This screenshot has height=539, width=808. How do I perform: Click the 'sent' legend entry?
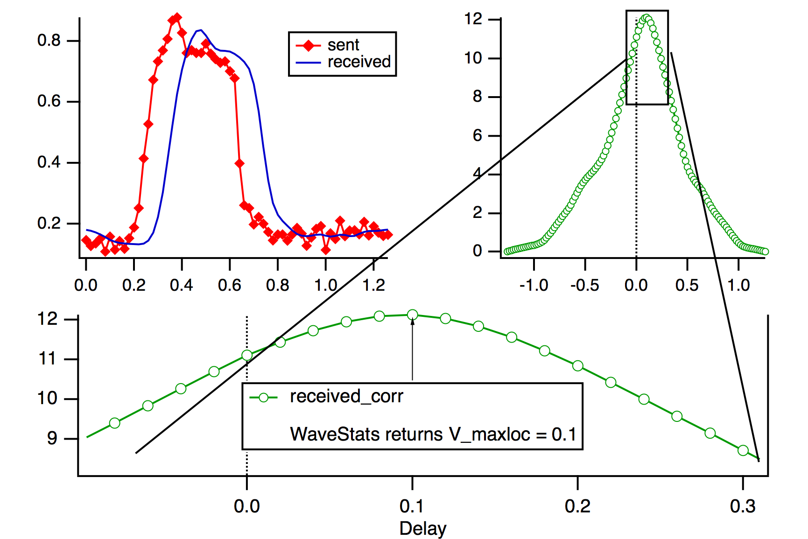point(343,45)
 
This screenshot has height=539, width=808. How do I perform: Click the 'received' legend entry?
point(359,62)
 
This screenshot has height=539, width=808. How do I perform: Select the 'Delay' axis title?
point(423,529)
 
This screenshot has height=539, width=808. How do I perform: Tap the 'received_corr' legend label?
point(346,396)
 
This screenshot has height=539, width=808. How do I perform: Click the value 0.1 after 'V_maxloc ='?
point(563,434)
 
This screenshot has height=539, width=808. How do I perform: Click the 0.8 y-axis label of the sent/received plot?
point(49,41)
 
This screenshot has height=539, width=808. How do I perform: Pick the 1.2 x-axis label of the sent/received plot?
point(374,285)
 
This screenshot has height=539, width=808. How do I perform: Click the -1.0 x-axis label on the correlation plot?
point(533,285)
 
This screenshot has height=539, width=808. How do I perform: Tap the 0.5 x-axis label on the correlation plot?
point(687,285)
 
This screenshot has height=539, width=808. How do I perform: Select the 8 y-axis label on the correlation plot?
point(477,97)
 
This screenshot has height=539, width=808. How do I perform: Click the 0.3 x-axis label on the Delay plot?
point(743,506)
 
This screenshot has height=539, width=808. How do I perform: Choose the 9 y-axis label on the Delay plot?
point(52,439)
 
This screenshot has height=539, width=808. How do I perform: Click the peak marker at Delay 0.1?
point(412,315)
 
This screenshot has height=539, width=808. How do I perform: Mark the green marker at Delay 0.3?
point(743,450)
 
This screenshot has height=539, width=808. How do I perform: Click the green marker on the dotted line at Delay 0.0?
point(247,356)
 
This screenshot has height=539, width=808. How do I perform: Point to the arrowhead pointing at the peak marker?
point(412,322)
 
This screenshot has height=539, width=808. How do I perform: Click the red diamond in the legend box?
point(308,45)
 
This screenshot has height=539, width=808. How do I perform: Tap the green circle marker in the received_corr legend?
point(264,398)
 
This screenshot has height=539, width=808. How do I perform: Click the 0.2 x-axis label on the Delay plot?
point(577,506)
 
